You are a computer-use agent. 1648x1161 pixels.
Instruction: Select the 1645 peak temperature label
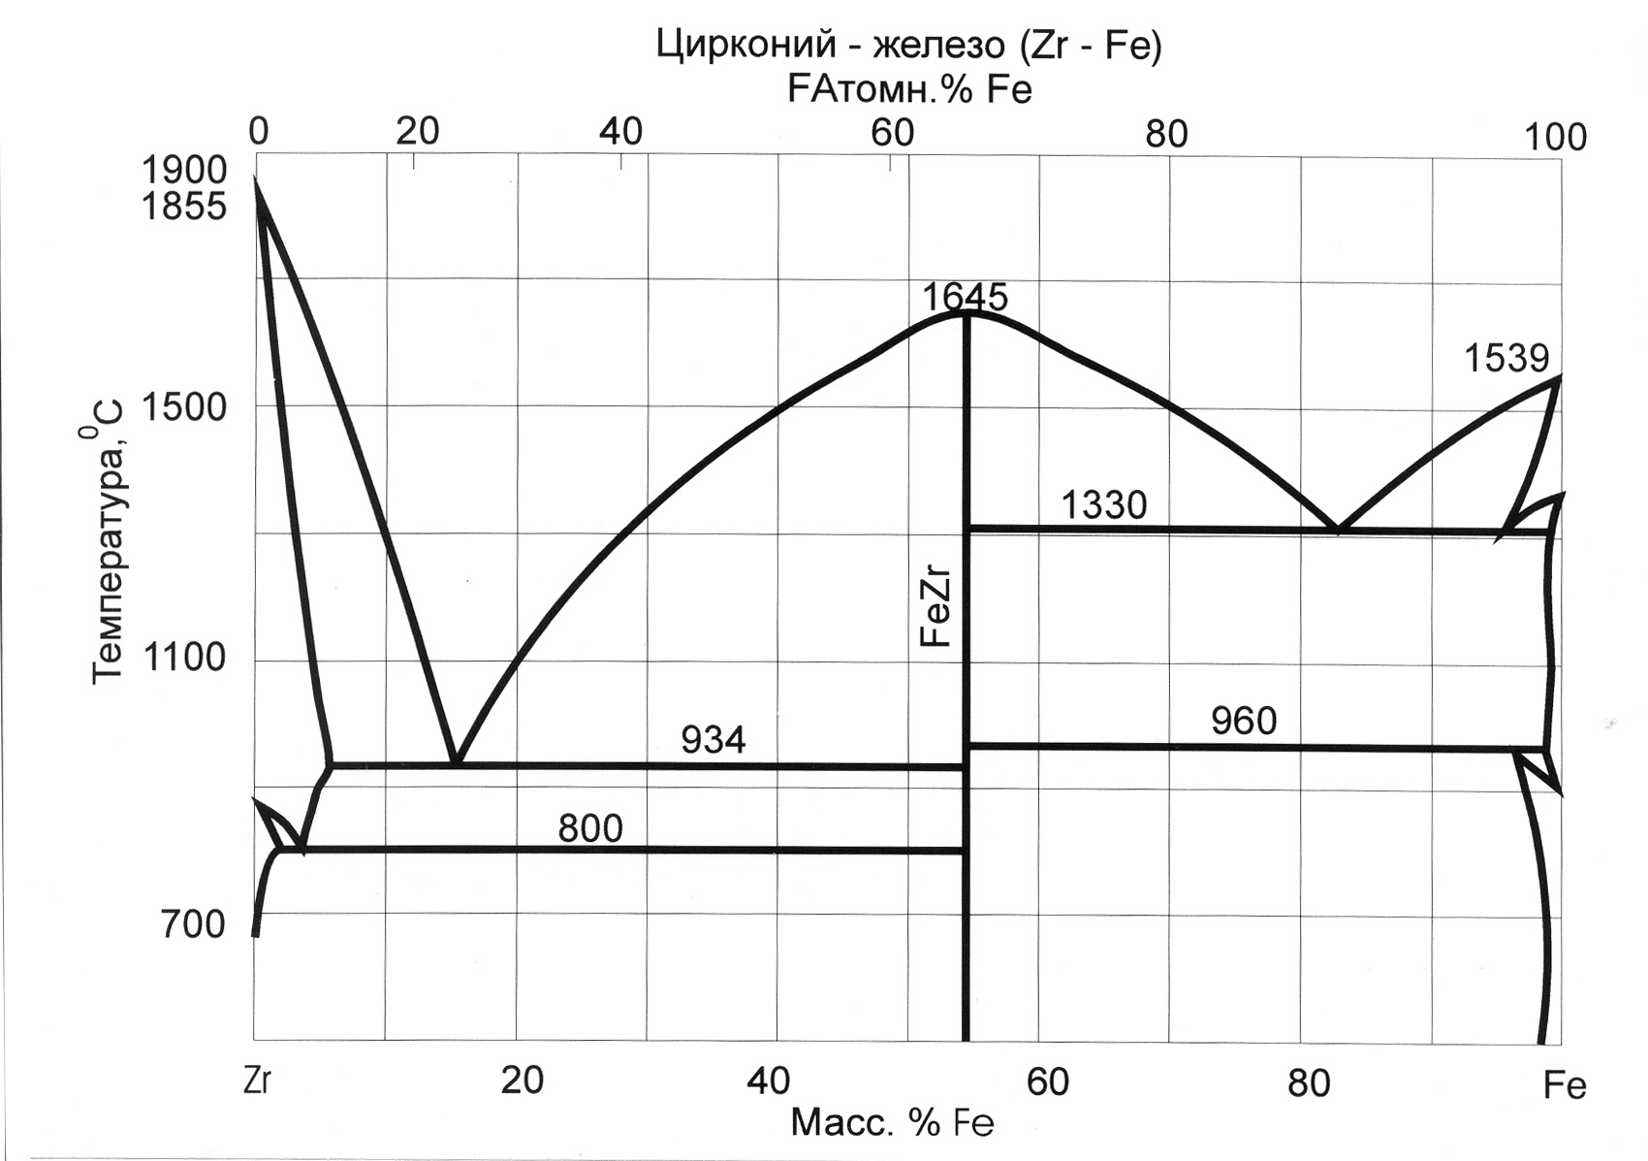965,296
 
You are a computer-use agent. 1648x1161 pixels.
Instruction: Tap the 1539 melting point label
1505,359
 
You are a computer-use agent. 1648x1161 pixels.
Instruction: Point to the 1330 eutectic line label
1103,505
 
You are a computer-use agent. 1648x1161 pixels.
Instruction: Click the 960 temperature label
1244,721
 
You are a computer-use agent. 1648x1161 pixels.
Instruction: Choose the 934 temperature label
713,740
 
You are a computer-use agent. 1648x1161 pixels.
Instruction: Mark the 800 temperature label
589,828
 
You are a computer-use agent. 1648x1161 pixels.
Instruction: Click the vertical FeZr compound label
936,609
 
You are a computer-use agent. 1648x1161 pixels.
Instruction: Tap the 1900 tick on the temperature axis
184,171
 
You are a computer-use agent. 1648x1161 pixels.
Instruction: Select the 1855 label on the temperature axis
184,207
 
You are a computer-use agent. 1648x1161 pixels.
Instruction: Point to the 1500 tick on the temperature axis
184,407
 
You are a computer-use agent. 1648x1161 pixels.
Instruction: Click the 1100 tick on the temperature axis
184,660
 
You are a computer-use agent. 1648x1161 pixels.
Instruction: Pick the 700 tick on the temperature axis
193,924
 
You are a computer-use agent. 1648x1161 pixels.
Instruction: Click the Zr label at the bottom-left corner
258,1081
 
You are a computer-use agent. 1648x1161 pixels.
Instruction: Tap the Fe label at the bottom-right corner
1564,1085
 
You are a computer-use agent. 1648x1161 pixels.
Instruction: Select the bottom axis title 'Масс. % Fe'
892,1123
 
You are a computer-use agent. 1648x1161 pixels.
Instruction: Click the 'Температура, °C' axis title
108,539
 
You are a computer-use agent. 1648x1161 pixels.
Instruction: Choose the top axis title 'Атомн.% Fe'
909,89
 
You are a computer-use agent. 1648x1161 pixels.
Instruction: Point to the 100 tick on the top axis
1556,138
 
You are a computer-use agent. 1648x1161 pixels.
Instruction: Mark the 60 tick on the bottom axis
1047,1081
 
